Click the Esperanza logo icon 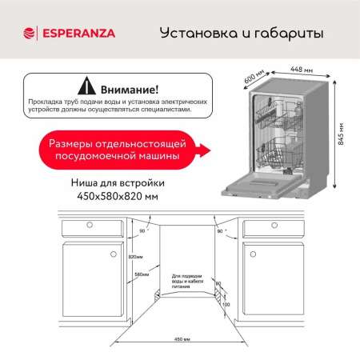point(30,33)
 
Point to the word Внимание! point(130,87)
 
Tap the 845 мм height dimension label point(342,141)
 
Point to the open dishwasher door point(264,188)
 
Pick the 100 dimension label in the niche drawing point(226,305)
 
